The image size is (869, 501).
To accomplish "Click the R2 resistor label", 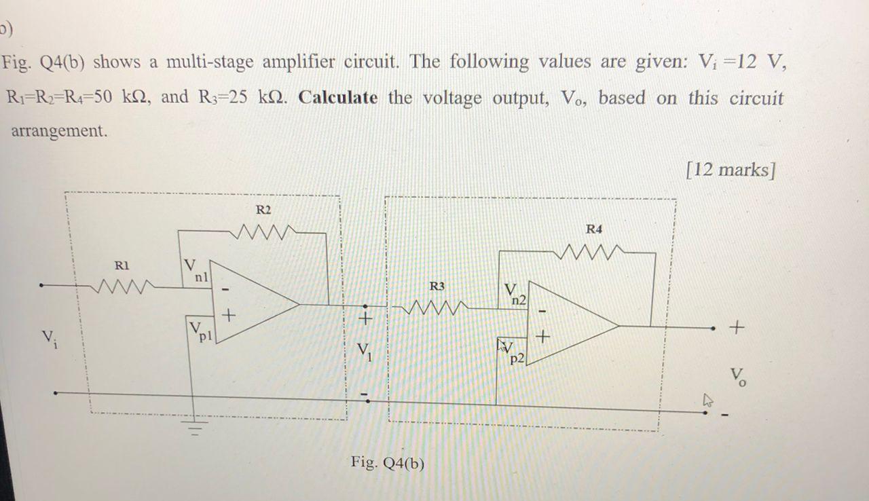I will [263, 209].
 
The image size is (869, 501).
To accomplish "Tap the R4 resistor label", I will [593, 229].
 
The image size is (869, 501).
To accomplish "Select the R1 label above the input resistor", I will [121, 265].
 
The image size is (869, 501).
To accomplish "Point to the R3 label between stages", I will [438, 286].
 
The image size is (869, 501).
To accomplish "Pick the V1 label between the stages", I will [365, 352].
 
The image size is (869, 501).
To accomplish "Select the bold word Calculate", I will [338, 98].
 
